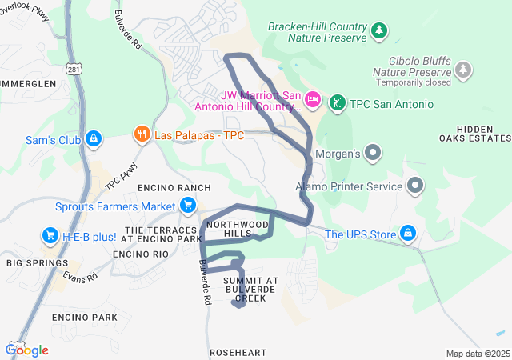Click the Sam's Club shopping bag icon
point(94,139)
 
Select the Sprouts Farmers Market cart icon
point(188,206)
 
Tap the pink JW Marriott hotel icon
point(313,99)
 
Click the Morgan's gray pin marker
point(373,151)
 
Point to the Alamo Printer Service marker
point(415,186)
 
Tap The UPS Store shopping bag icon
point(409,233)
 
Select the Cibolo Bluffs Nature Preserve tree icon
point(463,70)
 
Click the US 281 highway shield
point(74,71)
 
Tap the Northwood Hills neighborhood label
point(235,228)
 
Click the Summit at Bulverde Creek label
point(250,289)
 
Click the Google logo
point(27,350)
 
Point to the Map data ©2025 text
point(477,354)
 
